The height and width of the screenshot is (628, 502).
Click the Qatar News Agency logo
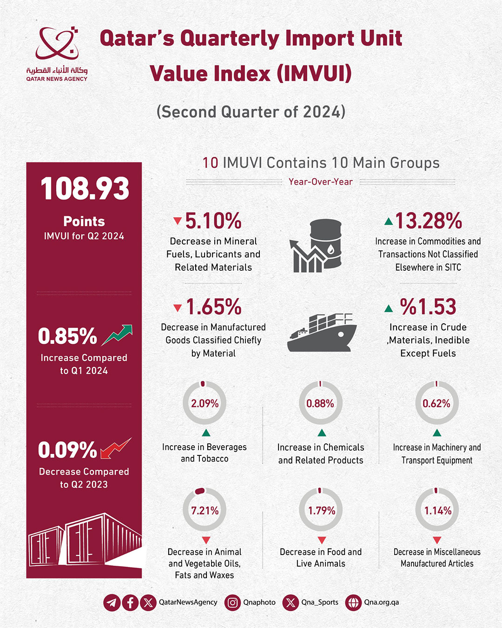coord(57,53)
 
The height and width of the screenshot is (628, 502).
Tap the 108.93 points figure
coord(85,189)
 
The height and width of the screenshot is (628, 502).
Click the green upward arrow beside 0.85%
coord(117,335)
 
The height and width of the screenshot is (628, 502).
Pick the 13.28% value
coord(428,221)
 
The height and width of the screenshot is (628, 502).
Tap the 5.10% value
coord(213,221)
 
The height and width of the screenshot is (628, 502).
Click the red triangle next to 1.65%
coord(177,307)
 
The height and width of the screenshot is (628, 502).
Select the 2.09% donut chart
coord(205,403)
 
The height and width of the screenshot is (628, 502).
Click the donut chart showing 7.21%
coord(205,510)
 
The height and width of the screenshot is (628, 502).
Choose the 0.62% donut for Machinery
coord(436,403)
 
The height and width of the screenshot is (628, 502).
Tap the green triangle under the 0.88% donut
coord(321,433)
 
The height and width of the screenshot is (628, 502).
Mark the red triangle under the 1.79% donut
coord(321,540)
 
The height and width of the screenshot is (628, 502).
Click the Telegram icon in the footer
coord(112,602)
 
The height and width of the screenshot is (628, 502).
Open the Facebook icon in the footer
coord(130,602)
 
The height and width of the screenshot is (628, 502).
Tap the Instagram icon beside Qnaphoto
coord(233,602)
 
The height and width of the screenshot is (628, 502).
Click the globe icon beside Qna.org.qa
coord(353,602)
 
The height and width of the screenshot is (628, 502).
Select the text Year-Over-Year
coord(321,182)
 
